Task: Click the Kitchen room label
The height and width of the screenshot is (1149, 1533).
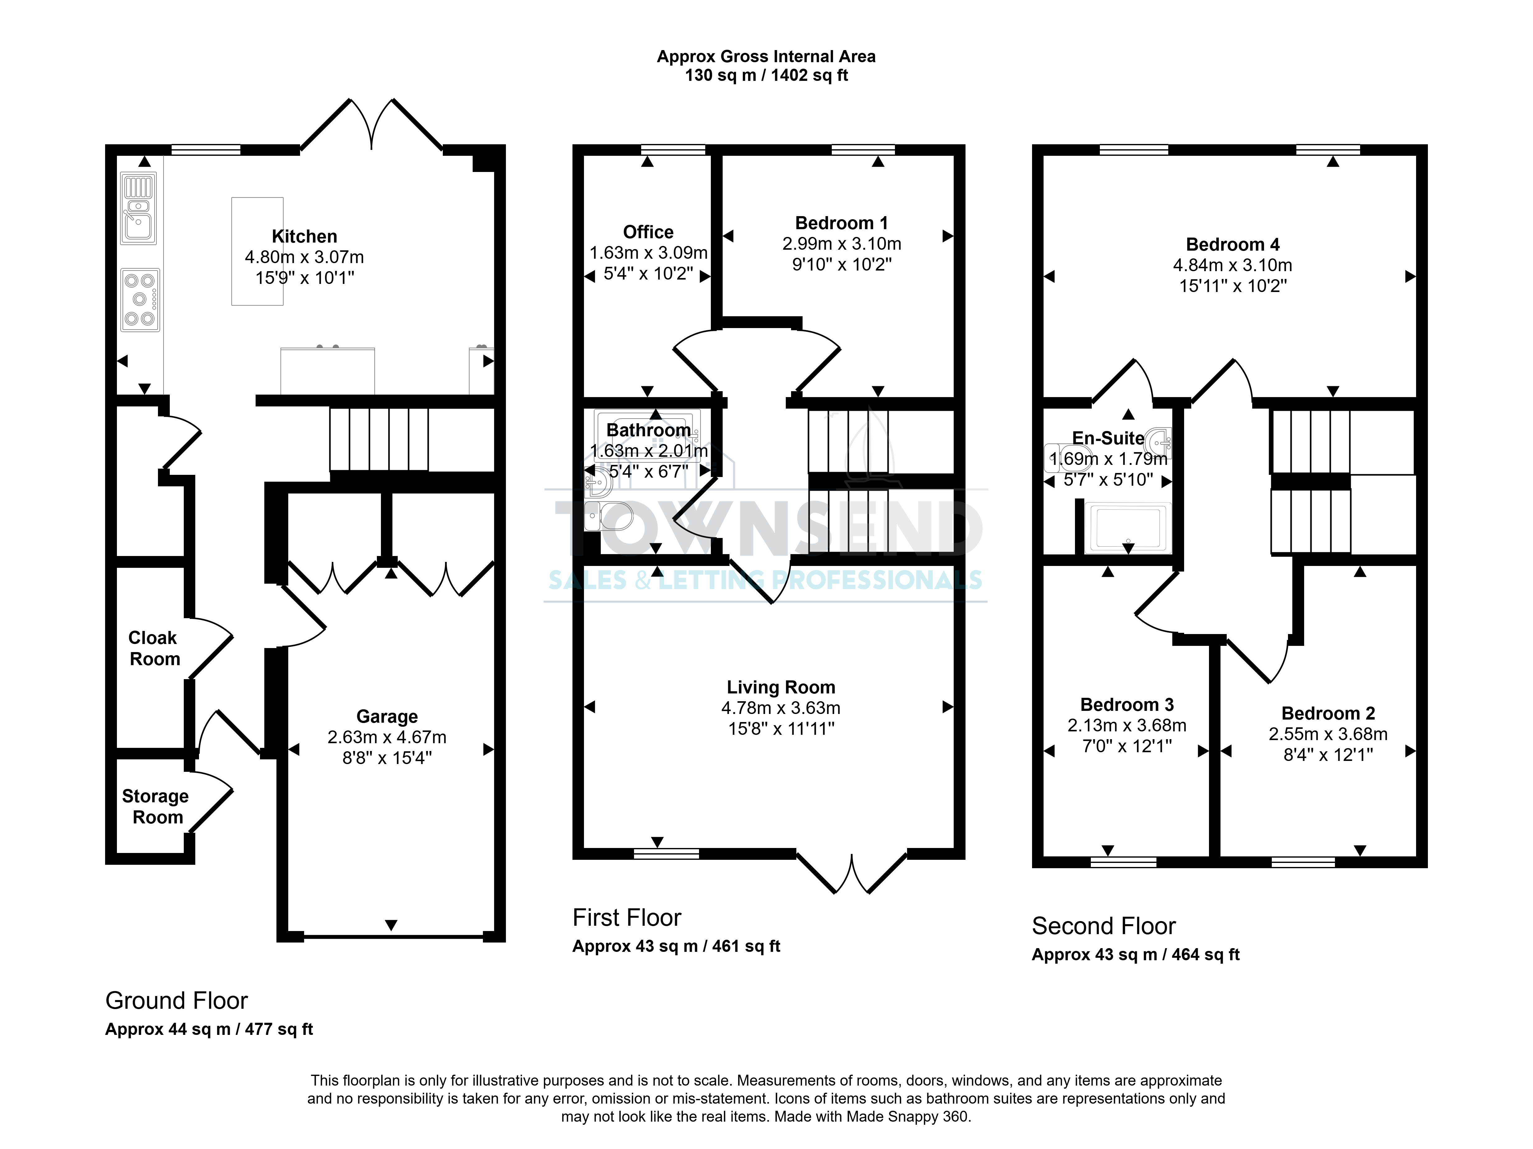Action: [x=304, y=236]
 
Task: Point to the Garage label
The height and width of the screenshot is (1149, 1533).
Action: [x=387, y=716]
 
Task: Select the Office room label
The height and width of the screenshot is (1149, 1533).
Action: [x=648, y=232]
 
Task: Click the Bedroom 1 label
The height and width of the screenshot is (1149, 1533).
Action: [x=841, y=223]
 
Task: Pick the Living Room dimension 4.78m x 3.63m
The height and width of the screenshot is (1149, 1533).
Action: [x=781, y=707]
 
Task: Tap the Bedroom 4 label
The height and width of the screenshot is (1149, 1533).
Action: [x=1233, y=245]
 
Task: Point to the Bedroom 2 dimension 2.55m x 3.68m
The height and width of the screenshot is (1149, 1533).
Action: [x=1328, y=734]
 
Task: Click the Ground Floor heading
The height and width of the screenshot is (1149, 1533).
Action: [x=177, y=1001]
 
